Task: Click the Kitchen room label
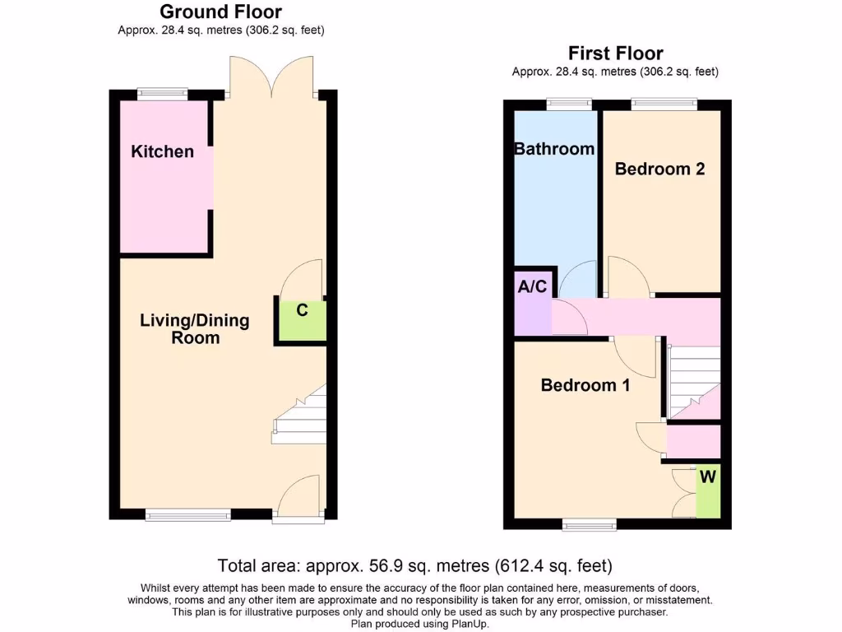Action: point(163,151)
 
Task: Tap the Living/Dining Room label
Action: point(195,328)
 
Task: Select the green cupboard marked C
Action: point(302,320)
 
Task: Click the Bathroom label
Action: point(554,149)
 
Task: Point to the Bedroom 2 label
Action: point(659,169)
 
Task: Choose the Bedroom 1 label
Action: point(585,384)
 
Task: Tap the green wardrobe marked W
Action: point(707,492)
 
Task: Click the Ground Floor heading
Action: point(220,12)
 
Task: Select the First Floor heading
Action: point(615,53)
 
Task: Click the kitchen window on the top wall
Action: point(162,94)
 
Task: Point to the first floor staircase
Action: point(695,383)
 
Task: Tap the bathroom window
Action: point(569,104)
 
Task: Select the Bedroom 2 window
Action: point(664,104)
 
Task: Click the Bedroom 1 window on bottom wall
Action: point(590,524)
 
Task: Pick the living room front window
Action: point(188,516)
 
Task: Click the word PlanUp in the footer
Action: point(469,625)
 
